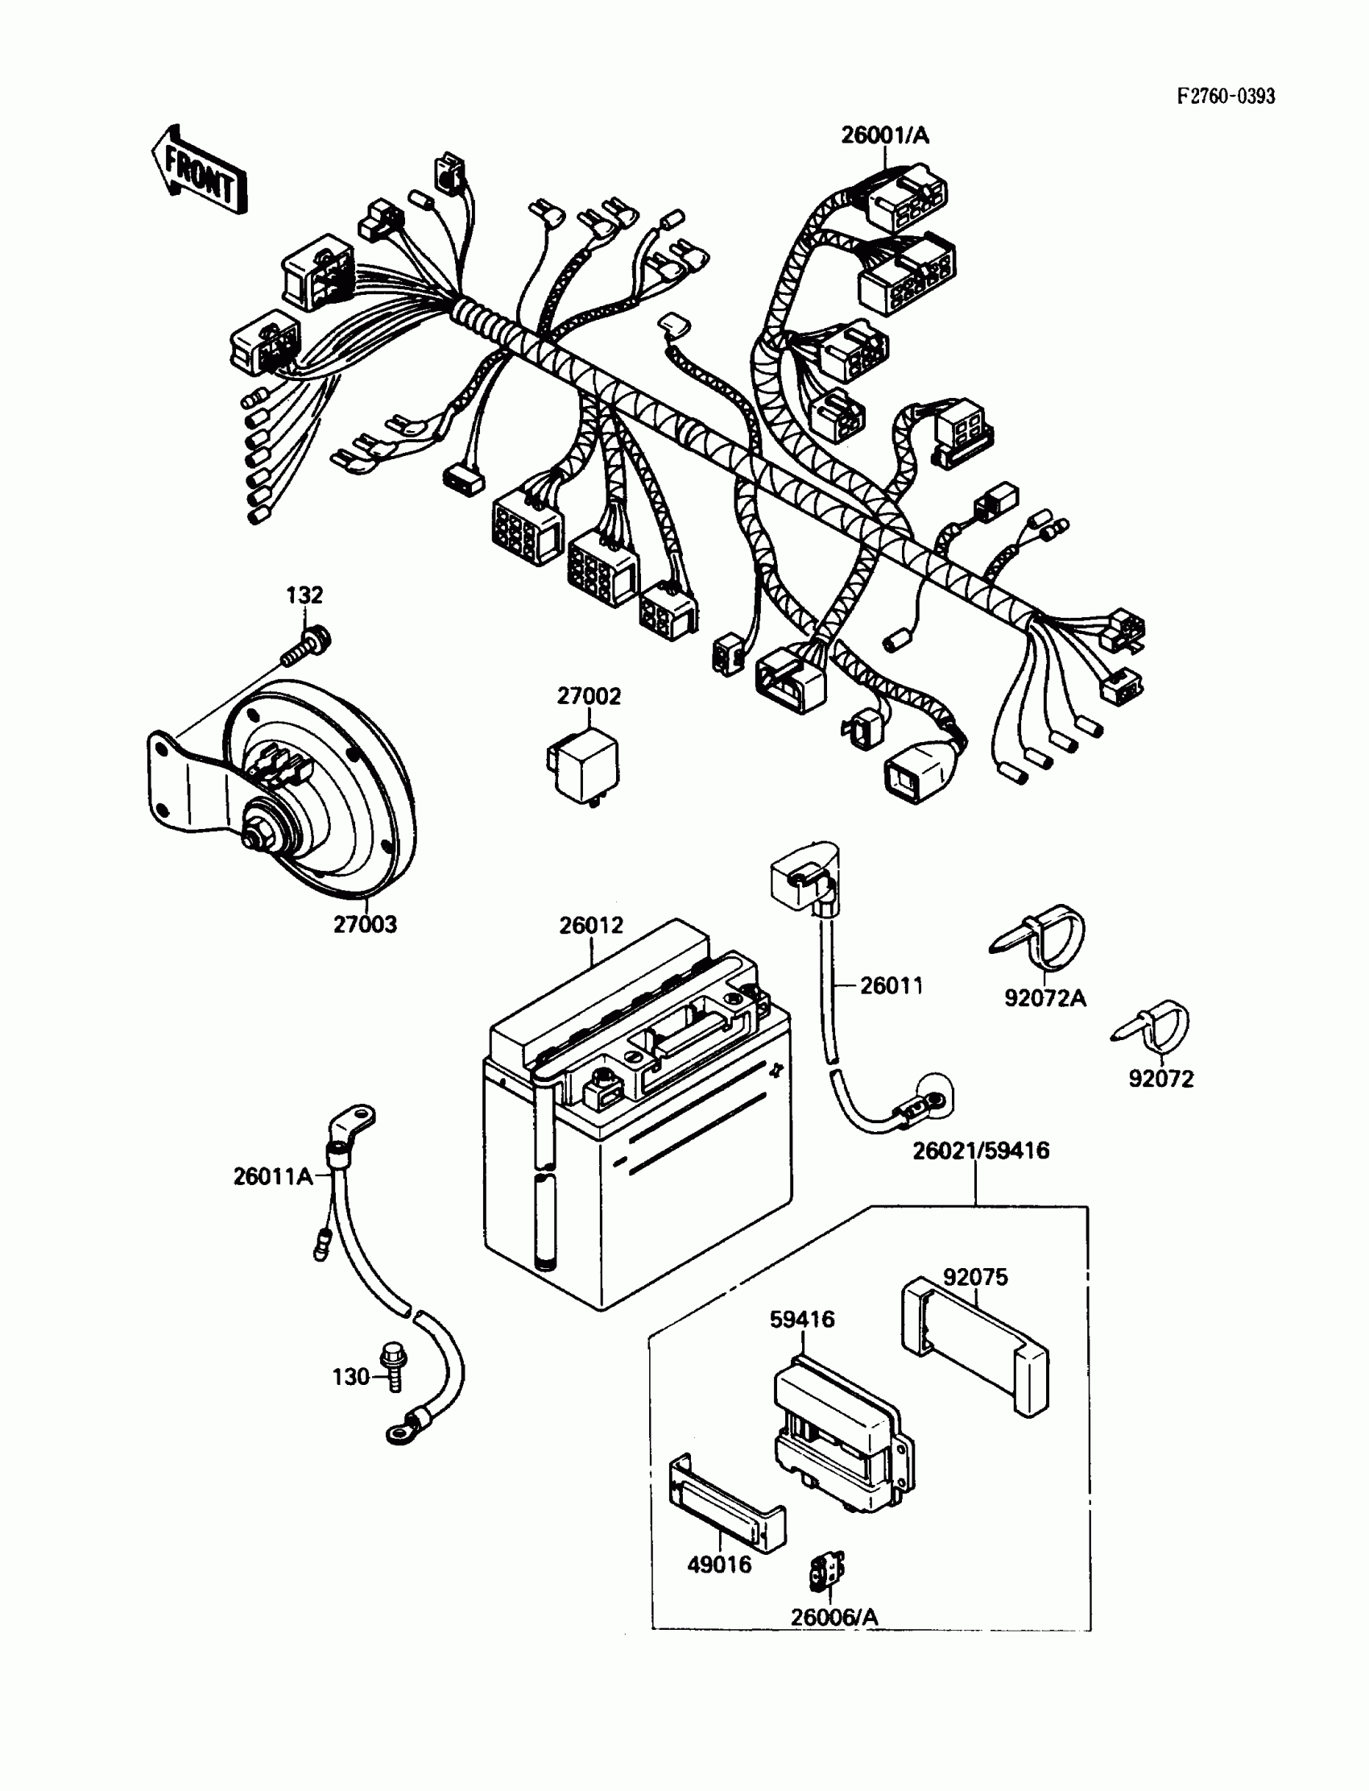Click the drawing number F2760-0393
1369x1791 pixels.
coord(1226,96)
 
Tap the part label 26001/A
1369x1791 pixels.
coord(885,135)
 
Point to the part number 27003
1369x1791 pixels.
coord(365,924)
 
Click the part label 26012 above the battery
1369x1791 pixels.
coord(591,925)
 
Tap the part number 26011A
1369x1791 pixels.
coord(273,1176)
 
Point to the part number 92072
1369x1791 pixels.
coord(1160,1079)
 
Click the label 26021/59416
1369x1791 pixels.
coord(980,1150)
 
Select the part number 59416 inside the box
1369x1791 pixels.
coord(802,1319)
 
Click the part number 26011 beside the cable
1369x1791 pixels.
coord(891,985)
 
